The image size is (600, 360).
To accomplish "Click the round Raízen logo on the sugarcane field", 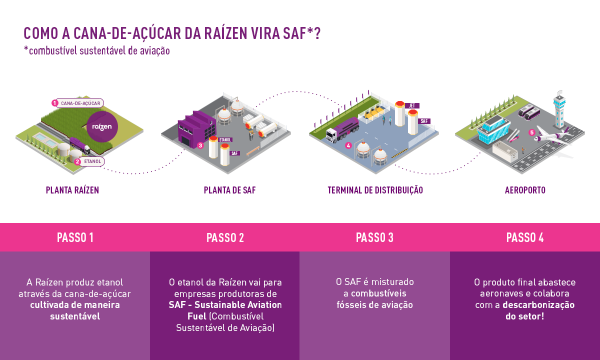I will point(102,126).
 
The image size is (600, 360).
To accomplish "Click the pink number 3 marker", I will point(200,145).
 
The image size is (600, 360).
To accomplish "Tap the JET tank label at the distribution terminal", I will point(412,105).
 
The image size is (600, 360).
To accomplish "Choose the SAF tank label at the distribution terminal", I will point(424,121).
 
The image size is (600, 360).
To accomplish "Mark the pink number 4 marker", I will point(348,146).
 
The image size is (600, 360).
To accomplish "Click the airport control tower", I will point(558,107).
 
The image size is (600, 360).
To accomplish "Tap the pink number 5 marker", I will point(532,132).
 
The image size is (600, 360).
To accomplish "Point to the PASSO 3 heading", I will point(374,237).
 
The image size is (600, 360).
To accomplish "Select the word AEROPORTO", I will point(525,190).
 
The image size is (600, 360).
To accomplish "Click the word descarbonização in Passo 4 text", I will point(538,305).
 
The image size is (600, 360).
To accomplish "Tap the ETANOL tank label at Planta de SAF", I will point(225,140).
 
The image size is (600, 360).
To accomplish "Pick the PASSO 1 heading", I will point(75,237).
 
